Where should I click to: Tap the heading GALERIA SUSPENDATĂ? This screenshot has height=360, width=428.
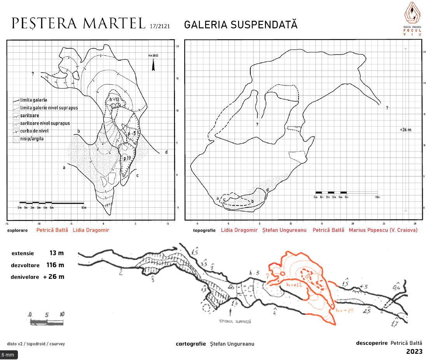point(241,24)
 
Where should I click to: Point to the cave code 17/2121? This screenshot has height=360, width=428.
point(159,26)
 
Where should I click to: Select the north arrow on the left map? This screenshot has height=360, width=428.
point(154,65)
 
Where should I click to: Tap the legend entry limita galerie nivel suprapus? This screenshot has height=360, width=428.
point(42,108)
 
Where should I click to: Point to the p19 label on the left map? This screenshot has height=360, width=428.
point(127,158)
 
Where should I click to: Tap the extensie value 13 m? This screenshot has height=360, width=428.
point(56,253)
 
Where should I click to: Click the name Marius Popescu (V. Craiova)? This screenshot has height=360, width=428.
point(383,230)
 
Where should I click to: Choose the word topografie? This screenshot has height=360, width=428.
point(204,230)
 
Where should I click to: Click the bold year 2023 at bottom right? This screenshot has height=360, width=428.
point(414,352)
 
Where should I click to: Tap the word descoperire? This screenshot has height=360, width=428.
point(372,343)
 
